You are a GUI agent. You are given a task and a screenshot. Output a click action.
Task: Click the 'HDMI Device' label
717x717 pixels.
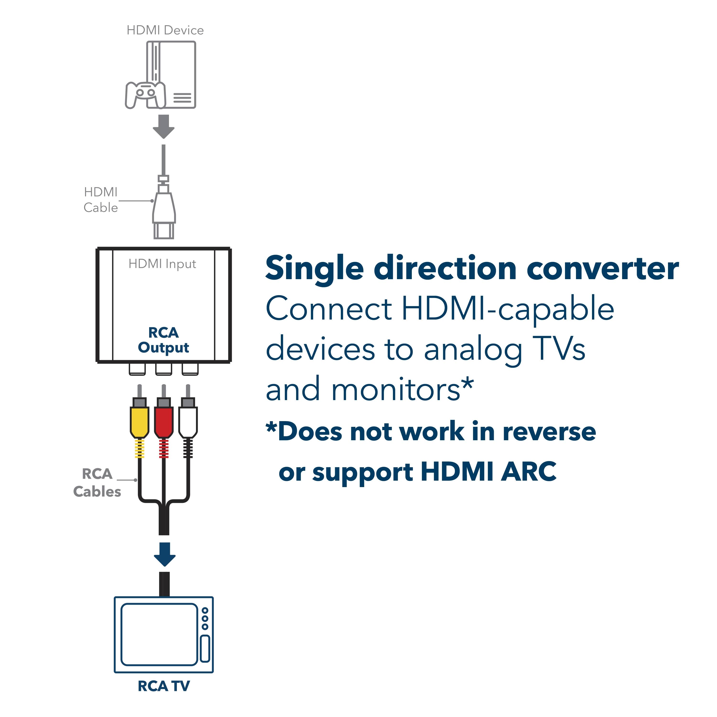165,30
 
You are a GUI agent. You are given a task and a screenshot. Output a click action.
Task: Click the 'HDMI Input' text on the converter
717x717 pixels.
162,264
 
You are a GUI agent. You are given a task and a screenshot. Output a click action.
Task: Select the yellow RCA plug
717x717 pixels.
140,421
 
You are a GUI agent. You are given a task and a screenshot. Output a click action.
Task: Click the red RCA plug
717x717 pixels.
164,421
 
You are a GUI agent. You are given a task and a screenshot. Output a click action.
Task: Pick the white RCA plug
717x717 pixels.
188,421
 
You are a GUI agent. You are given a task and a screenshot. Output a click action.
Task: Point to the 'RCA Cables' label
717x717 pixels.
97,483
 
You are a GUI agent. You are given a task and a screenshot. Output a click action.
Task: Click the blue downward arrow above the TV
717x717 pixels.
164,554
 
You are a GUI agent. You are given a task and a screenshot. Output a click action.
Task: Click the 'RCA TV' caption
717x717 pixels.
164,686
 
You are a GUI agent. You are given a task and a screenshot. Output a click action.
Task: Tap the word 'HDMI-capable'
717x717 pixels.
508,309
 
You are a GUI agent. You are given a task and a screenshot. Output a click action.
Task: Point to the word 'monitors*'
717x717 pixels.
402,390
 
